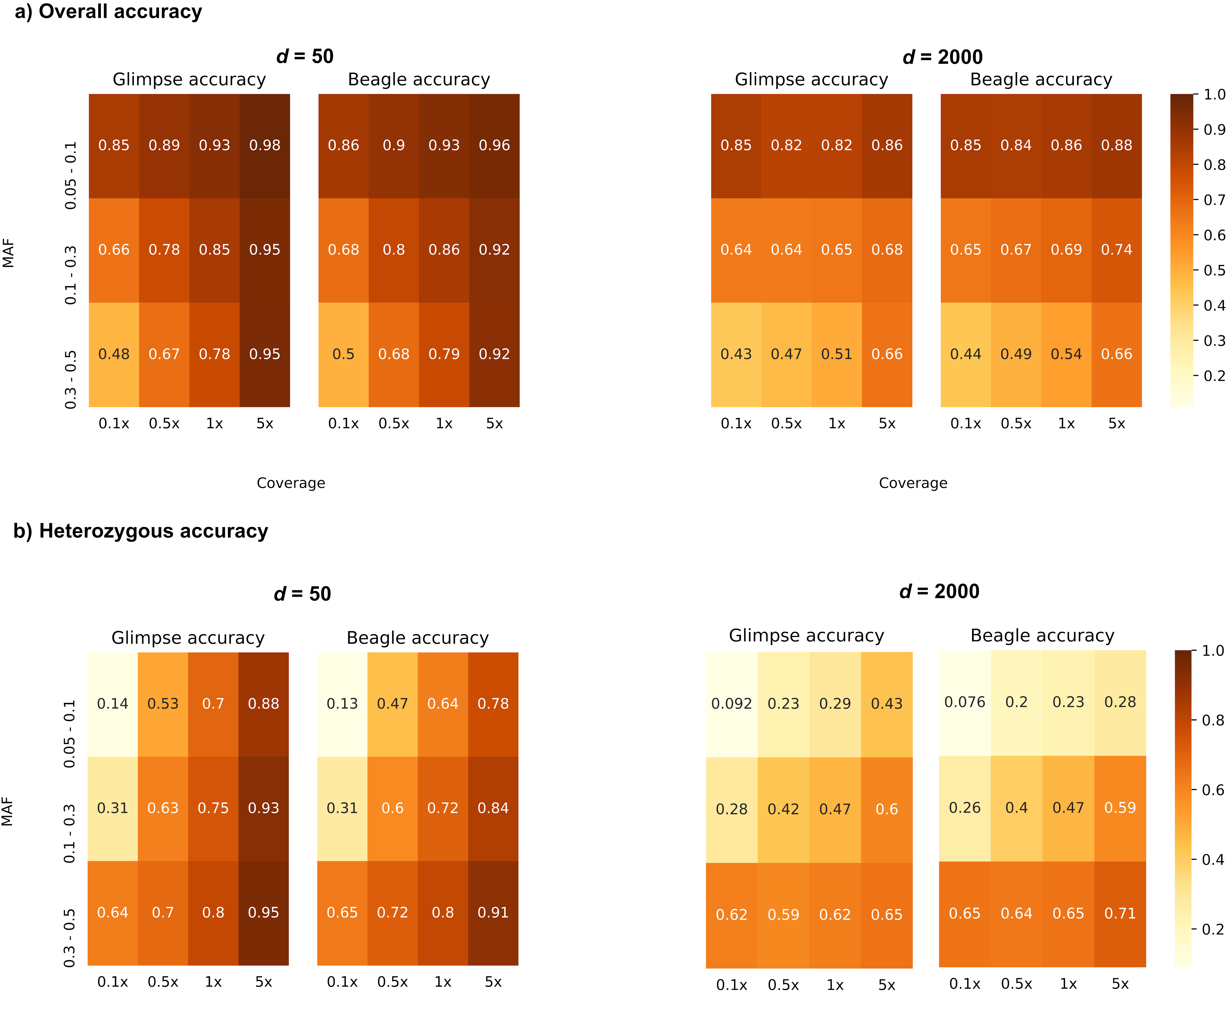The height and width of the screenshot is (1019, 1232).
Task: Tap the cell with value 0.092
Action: point(732,704)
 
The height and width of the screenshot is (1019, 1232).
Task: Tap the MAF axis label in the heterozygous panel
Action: point(8,811)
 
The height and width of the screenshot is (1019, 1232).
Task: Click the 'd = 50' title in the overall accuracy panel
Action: point(305,56)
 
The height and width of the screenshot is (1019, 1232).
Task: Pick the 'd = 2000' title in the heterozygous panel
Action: point(939,591)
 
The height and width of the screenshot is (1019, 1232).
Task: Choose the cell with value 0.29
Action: point(835,704)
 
